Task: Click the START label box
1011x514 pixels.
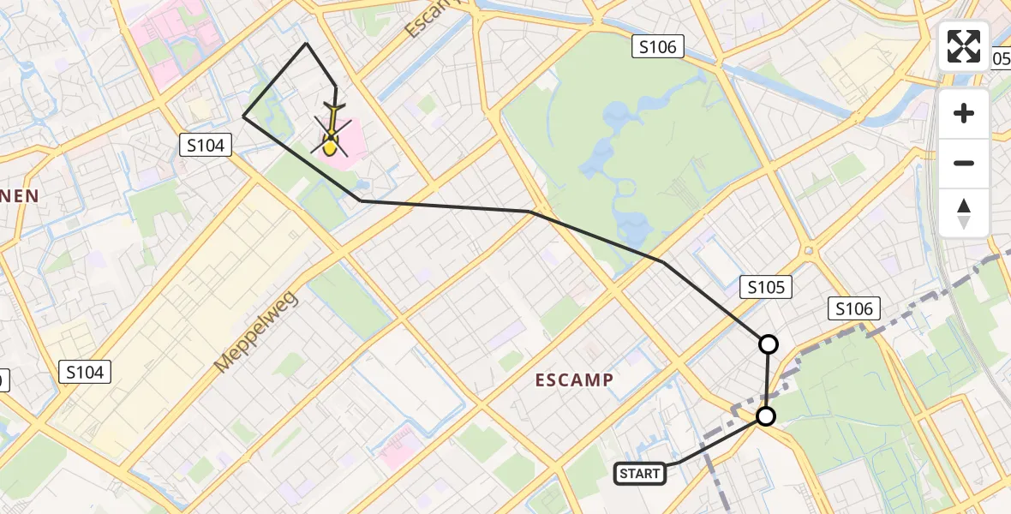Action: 640,474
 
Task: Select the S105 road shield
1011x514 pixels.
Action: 766,287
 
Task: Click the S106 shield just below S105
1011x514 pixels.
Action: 854,308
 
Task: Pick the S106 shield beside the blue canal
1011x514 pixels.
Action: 658,46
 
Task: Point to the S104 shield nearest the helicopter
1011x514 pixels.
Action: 206,146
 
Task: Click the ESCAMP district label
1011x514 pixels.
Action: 574,380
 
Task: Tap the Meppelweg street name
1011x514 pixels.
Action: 255,332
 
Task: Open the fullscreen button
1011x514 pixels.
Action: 964,46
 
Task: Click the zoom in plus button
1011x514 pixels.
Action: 964,113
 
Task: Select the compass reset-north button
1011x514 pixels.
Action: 964,212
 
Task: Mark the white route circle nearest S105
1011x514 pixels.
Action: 769,344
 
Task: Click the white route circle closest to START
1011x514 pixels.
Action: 766,417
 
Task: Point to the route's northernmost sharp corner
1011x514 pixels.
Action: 307,43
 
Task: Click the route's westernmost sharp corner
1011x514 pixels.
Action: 244,116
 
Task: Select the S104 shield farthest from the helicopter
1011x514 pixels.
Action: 86,372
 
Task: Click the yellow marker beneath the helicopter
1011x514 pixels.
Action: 330,148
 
